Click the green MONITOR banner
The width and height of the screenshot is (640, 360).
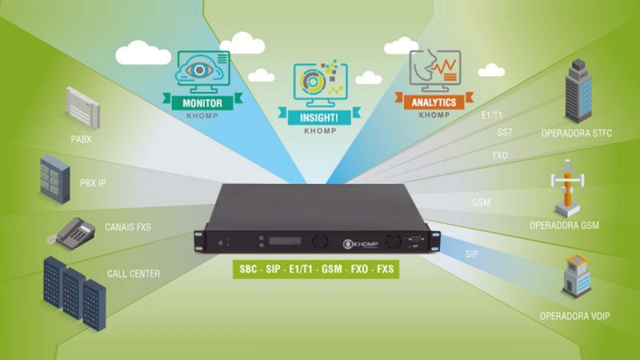(202, 102)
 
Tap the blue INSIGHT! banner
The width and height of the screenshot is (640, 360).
(319, 117)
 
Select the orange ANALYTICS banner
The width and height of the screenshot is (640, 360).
(434, 102)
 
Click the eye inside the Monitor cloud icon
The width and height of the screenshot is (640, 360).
(199, 70)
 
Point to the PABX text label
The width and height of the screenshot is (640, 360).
(82, 139)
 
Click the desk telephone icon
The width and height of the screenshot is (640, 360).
(71, 233)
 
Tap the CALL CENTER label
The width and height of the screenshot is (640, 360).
(134, 274)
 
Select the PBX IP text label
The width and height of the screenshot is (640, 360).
(93, 182)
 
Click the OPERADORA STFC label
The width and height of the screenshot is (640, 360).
(576, 133)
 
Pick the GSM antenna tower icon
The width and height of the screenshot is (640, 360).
(567, 188)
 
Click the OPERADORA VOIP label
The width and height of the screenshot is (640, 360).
(574, 316)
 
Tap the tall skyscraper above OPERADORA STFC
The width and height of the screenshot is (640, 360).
(578, 90)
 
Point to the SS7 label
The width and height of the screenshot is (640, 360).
(505, 132)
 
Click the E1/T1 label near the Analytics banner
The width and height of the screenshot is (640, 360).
(491, 115)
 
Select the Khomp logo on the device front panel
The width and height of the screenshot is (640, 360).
(361, 244)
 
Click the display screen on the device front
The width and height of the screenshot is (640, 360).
(285, 241)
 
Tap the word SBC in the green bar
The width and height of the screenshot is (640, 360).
(248, 269)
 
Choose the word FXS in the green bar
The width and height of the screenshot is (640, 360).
(386, 269)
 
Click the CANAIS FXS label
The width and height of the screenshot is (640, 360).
(128, 227)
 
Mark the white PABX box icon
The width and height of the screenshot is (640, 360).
(83, 107)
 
